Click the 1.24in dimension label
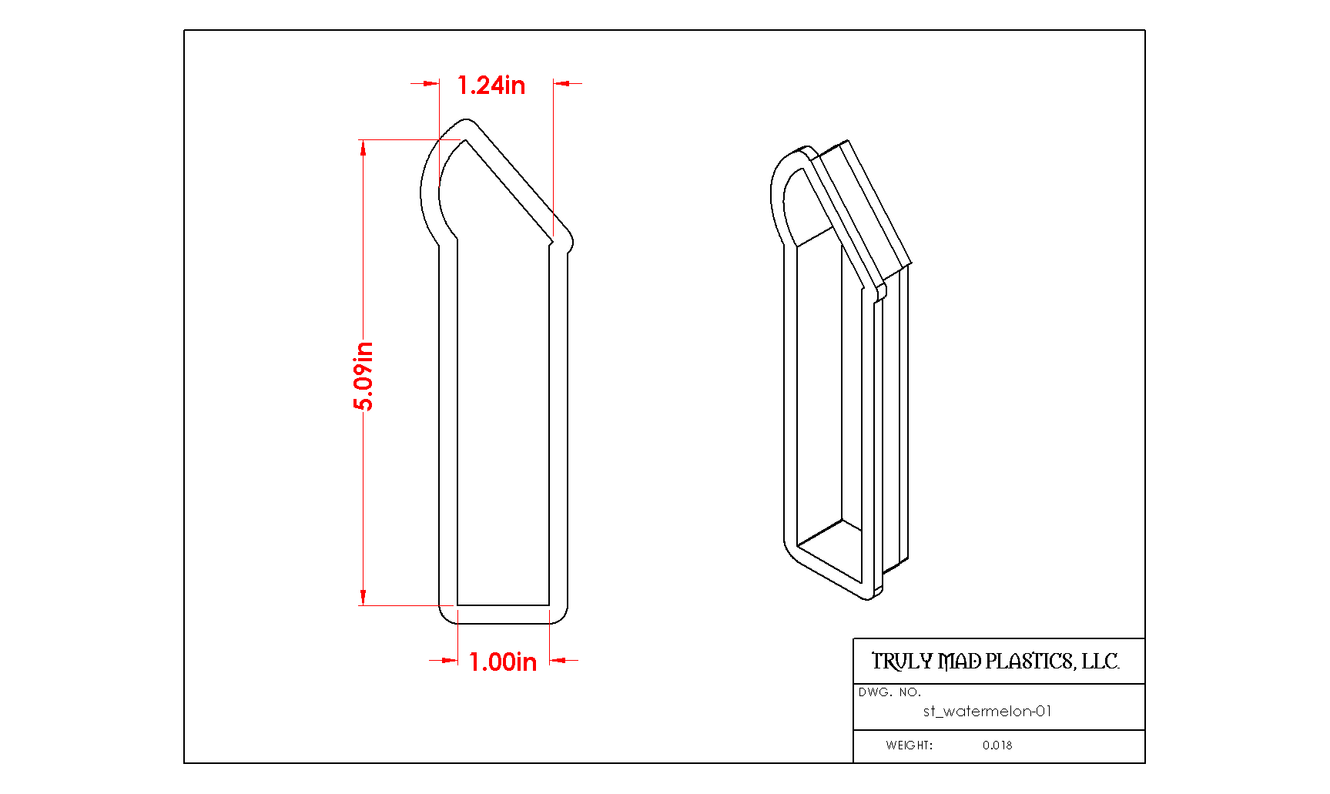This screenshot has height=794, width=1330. [491, 85]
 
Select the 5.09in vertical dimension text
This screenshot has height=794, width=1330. [363, 376]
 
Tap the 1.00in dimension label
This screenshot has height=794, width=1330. [503, 662]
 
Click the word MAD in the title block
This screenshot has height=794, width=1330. [960, 662]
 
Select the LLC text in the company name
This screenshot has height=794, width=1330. [1101, 662]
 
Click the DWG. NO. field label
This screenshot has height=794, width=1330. [889, 692]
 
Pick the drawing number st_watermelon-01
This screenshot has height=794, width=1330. [987, 712]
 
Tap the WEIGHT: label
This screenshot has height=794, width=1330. [909, 745]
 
